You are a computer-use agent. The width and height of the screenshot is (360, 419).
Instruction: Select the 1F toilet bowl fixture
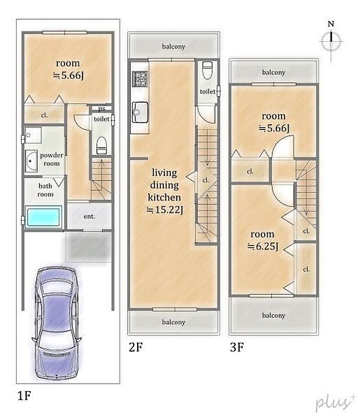(x=102, y=145)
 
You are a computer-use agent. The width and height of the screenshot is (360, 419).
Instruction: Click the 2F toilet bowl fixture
(x=207, y=70)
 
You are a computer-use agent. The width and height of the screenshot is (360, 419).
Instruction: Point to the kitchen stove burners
(x=140, y=78)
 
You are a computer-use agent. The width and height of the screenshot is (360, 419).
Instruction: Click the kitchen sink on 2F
(x=139, y=111)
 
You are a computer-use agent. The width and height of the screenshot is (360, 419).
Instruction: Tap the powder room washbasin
(x=31, y=161)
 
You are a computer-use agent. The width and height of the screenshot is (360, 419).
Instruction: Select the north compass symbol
(x=331, y=41)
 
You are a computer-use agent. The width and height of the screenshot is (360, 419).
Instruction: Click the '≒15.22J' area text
(x=165, y=210)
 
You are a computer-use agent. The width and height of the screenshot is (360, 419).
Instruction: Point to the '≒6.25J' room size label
(x=263, y=246)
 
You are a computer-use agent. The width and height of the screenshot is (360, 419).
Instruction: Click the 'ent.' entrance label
(x=89, y=216)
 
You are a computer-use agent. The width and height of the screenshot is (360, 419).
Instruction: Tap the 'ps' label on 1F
(x=102, y=109)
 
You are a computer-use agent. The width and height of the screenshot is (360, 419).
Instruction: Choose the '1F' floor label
(x=24, y=395)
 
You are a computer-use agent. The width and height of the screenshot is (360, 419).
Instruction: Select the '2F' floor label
(x=136, y=347)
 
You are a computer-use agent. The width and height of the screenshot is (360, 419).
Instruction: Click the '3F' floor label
(x=237, y=347)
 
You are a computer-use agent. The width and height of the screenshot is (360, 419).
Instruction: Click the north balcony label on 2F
(x=174, y=46)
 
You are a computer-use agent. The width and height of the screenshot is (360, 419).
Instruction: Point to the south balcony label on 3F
(x=273, y=315)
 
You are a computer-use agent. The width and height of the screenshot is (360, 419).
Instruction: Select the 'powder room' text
(x=52, y=159)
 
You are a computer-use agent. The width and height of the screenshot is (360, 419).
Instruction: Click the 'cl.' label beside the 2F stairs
(x=206, y=180)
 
